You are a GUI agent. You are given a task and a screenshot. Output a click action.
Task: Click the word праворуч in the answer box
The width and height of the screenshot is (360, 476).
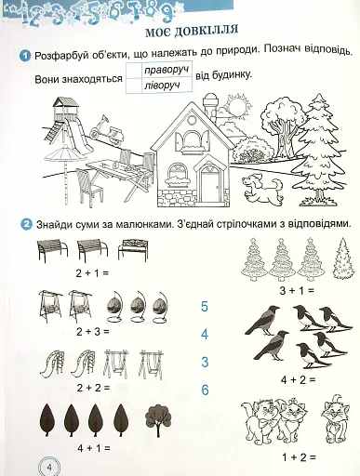[167, 71]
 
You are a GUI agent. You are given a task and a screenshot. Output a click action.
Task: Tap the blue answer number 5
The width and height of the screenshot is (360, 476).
[205, 307]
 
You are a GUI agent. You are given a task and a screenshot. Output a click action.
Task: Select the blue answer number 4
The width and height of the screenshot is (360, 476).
[205, 335]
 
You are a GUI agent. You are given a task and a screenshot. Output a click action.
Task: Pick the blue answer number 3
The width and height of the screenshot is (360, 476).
[205, 362]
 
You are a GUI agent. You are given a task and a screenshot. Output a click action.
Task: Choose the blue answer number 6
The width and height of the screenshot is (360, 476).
[205, 390]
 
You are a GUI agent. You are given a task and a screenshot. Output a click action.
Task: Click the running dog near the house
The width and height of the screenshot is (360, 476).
[263, 189]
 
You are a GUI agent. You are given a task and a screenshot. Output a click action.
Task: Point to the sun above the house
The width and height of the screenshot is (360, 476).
[238, 107]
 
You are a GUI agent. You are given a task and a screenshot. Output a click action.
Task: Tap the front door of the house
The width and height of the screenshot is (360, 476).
[209, 185]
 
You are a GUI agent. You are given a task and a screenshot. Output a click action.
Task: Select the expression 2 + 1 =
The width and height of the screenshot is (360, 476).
[92, 273]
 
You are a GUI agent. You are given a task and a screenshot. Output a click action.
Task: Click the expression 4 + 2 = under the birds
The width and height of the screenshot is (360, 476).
[298, 380]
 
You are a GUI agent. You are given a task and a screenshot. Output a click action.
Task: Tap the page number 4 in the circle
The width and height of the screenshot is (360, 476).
[49, 467]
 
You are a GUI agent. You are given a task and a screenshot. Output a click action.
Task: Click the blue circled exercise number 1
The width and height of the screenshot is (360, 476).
[25, 56]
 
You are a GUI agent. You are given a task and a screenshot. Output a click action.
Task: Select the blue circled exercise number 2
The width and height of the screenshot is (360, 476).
[26, 224]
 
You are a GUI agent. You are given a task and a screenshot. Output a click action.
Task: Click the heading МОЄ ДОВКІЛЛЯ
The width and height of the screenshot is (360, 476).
[192, 31]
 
